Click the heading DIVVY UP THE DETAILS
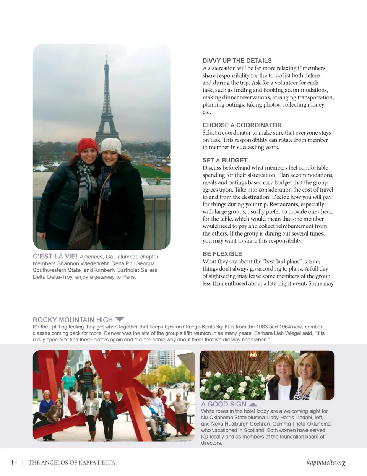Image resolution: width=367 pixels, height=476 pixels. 237,61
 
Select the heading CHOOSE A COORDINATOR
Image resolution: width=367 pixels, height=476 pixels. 242,125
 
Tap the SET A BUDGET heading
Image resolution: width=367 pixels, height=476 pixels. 225,161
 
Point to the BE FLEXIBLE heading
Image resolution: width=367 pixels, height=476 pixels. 222,254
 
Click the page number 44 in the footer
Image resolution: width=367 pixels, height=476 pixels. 14,463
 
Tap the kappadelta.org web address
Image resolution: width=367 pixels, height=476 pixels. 326,463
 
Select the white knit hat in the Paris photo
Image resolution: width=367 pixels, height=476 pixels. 111,145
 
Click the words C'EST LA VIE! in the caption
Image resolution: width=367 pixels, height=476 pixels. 55,257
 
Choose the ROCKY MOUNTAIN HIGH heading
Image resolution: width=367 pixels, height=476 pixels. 73,320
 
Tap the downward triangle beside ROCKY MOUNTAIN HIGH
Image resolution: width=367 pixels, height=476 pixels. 120,319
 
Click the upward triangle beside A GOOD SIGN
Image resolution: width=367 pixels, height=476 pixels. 253,404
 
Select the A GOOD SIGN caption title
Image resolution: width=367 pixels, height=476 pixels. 224,404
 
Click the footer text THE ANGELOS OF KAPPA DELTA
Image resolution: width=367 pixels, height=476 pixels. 71,463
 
